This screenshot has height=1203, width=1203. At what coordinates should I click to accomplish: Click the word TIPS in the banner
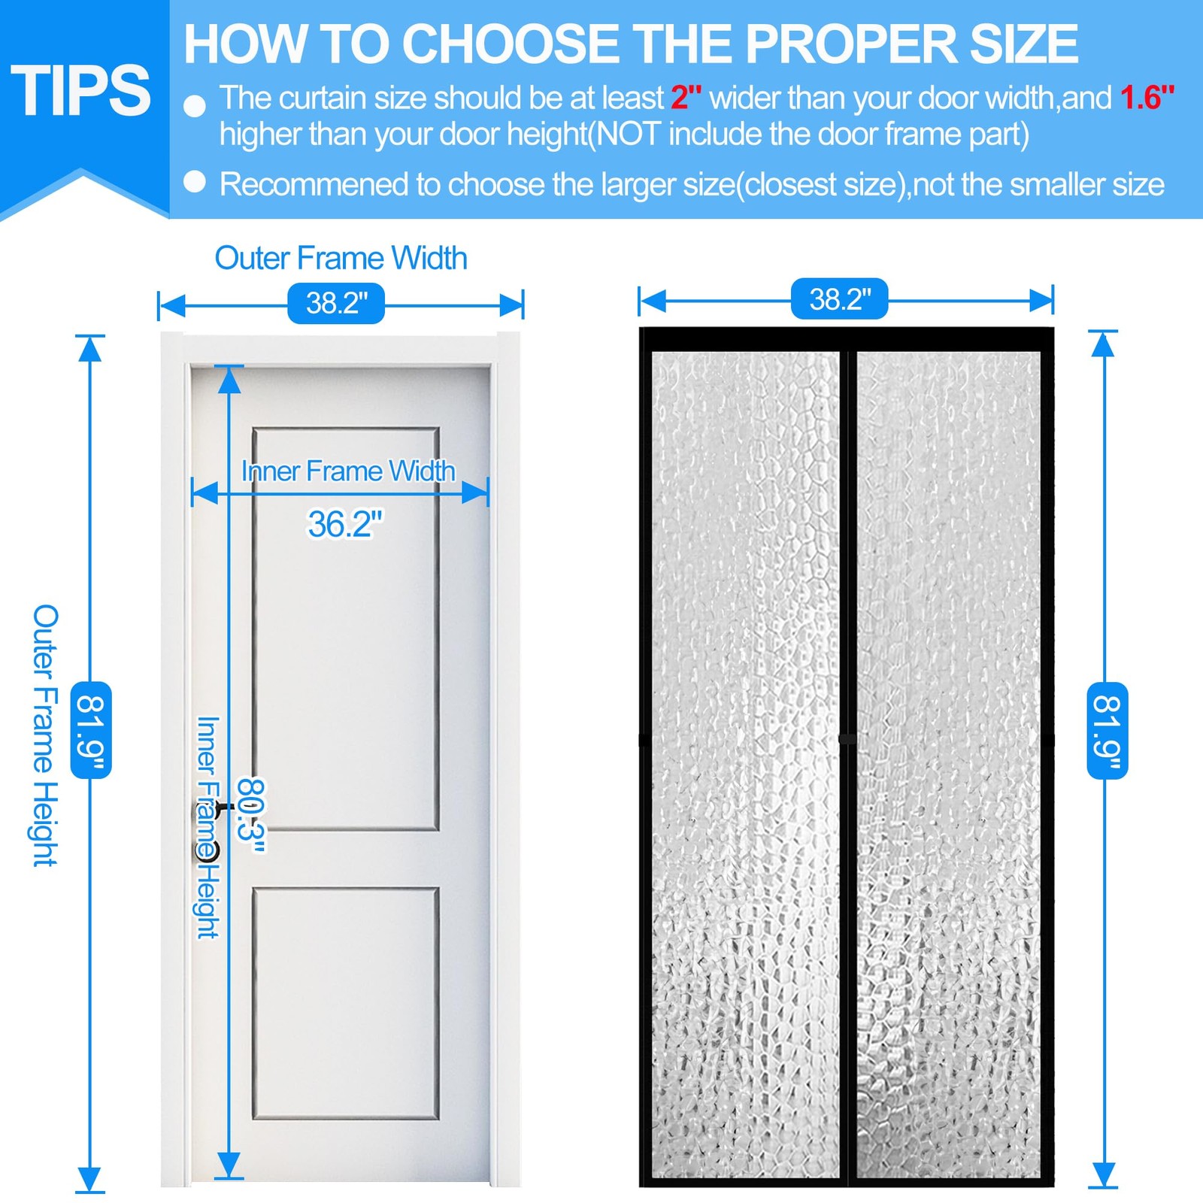[80, 91]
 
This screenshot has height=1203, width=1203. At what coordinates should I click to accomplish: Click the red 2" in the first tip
[686, 98]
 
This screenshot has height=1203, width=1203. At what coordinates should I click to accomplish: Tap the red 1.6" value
[1147, 98]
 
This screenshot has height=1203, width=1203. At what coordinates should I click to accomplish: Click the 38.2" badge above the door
[336, 303]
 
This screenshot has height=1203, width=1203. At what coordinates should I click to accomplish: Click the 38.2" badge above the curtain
[839, 299]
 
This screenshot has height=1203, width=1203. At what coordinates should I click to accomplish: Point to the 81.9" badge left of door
[91, 729]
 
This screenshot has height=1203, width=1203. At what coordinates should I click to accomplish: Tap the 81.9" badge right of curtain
[1107, 729]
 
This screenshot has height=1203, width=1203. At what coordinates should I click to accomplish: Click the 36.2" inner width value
[344, 524]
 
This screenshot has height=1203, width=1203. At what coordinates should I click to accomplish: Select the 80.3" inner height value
[251, 815]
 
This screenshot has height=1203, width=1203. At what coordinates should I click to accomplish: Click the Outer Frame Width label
[341, 258]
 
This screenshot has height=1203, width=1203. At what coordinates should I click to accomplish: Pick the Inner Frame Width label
[348, 471]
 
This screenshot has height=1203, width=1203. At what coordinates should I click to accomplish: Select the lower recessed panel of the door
[346, 1004]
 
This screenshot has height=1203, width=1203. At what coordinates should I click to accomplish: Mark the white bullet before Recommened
[195, 182]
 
